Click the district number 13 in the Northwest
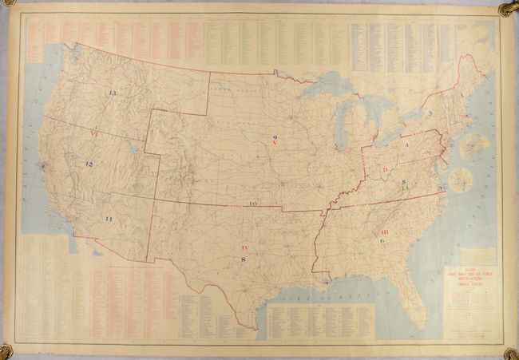pyautogui.click(x=113, y=93)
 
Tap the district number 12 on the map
pyautogui.click(x=89, y=164)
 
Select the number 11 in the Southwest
pyautogui.click(x=109, y=219)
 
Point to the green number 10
pyautogui.click(x=252, y=204)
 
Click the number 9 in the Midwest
pyautogui.click(x=273, y=137)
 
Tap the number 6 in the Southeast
pyautogui.click(x=382, y=240)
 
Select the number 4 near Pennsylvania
pyautogui.click(x=406, y=144)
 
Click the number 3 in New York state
pyautogui.click(x=430, y=113)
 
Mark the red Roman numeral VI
pyautogui.click(x=94, y=134)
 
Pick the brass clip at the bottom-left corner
pyautogui.click(x=7, y=350)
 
